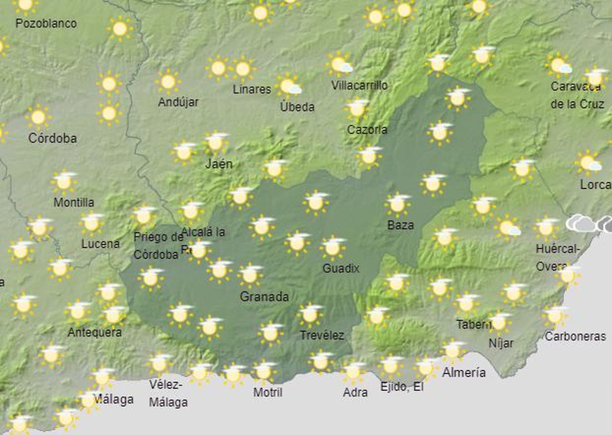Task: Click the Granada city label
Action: [264, 297]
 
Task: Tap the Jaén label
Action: [219, 164]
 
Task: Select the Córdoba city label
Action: [52, 138]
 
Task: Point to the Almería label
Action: [464, 372]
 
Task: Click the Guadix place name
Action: [341, 269]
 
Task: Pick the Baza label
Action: [400, 225]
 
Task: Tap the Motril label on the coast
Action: [268, 392]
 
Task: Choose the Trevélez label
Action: [322, 336]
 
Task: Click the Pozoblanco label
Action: [46, 23]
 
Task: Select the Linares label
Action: [252, 89]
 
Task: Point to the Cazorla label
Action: [367, 130]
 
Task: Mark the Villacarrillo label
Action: [360, 85]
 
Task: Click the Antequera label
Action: [94, 332]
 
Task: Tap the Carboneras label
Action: [575, 336]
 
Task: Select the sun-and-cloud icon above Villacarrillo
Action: [340, 64]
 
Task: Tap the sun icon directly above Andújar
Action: [168, 81]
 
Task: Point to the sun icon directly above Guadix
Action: [333, 247]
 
